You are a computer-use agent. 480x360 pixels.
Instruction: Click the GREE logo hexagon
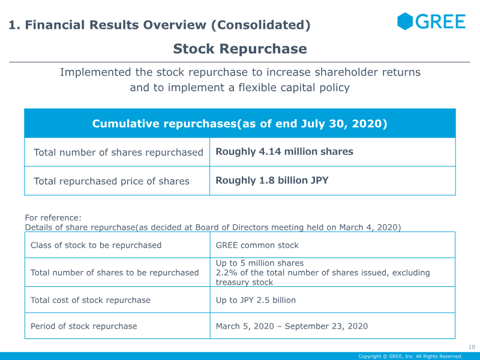(x=404, y=22)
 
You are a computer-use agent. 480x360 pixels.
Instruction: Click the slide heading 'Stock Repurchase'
(x=240, y=49)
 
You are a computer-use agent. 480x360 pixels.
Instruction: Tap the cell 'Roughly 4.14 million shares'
(x=284, y=152)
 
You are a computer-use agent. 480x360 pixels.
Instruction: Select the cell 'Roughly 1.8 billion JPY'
(x=272, y=181)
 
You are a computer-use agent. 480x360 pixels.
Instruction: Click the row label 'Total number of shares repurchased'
(x=118, y=152)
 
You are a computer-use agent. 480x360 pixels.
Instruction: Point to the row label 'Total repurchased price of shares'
(x=112, y=181)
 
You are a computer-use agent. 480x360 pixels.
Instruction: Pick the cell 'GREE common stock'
(x=257, y=245)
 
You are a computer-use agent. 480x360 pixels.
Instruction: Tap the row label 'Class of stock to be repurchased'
(x=96, y=245)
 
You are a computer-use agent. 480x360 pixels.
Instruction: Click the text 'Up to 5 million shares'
(x=260, y=263)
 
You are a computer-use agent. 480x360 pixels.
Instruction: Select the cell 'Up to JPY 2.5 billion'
(x=256, y=300)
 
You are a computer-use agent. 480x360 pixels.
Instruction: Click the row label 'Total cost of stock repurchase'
(x=91, y=300)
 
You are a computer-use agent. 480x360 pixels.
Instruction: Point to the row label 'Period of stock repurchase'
(x=83, y=326)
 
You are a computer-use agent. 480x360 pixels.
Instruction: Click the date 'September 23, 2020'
(x=326, y=326)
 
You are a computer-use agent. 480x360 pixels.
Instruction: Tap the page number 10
(x=472, y=347)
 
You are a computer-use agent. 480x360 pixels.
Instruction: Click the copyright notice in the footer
(x=410, y=356)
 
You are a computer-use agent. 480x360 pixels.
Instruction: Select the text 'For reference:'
(x=53, y=218)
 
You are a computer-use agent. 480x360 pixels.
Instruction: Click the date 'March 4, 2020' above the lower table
(x=368, y=227)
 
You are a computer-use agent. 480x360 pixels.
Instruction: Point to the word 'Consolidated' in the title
(x=260, y=25)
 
